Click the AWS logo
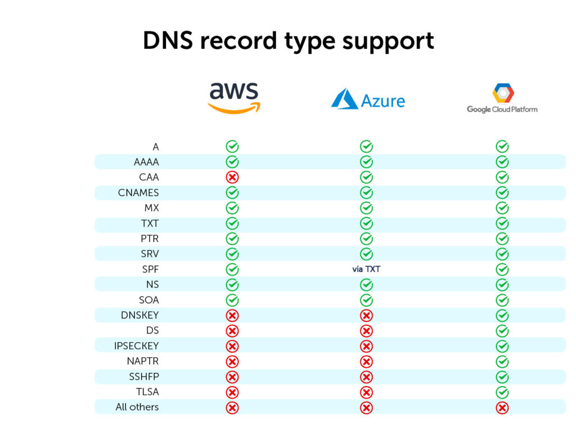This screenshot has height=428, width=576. pyautogui.click(x=234, y=98)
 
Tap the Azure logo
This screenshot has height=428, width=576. pyautogui.click(x=368, y=101)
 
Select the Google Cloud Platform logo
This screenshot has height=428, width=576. pyautogui.click(x=502, y=98)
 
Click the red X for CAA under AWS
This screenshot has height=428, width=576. pyautogui.click(x=232, y=177)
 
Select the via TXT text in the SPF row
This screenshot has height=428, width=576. pyautogui.click(x=366, y=269)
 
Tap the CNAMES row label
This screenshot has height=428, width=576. pyautogui.click(x=138, y=193)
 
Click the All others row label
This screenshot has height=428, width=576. pyautogui.click(x=137, y=407)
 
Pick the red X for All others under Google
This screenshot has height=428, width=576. pyautogui.click(x=502, y=408)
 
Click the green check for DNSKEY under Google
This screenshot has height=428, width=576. pyautogui.click(x=502, y=316)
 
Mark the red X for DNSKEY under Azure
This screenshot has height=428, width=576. pyautogui.click(x=366, y=316)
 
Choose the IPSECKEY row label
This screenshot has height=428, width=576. pyautogui.click(x=136, y=346)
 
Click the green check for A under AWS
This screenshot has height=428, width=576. pyautogui.click(x=232, y=147)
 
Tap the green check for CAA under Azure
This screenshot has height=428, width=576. pyautogui.click(x=366, y=177)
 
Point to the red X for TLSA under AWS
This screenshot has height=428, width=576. pyautogui.click(x=232, y=392)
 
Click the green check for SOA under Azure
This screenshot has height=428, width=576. pyautogui.click(x=366, y=300)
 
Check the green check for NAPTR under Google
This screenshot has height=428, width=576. pyautogui.click(x=502, y=362)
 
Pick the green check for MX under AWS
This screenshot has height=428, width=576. pyautogui.click(x=232, y=208)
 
